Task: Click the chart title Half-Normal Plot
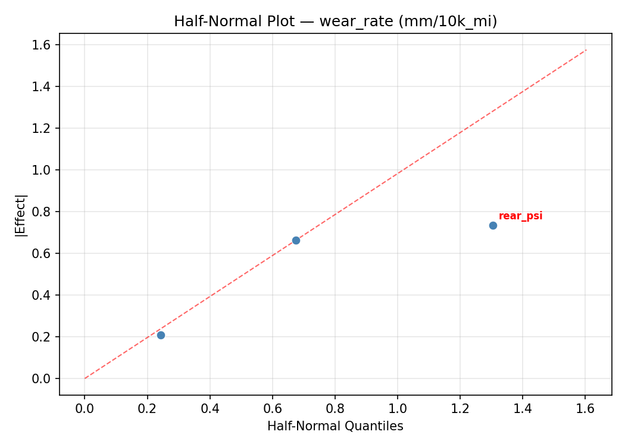(x=335, y=21)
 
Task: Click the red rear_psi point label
(x=520, y=216)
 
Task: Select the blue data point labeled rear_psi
(x=493, y=225)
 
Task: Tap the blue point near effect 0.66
(x=296, y=240)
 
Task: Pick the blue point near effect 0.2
(x=161, y=335)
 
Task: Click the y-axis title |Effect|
(x=21, y=215)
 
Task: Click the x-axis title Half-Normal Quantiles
(x=335, y=426)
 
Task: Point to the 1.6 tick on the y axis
(x=46, y=45)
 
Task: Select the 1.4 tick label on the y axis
(x=46, y=86)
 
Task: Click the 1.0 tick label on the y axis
(x=46, y=170)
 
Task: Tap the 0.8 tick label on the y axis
(x=46, y=212)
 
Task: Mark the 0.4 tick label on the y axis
(x=46, y=295)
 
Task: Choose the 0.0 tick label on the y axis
(x=46, y=378)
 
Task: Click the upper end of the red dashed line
(x=586, y=50)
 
